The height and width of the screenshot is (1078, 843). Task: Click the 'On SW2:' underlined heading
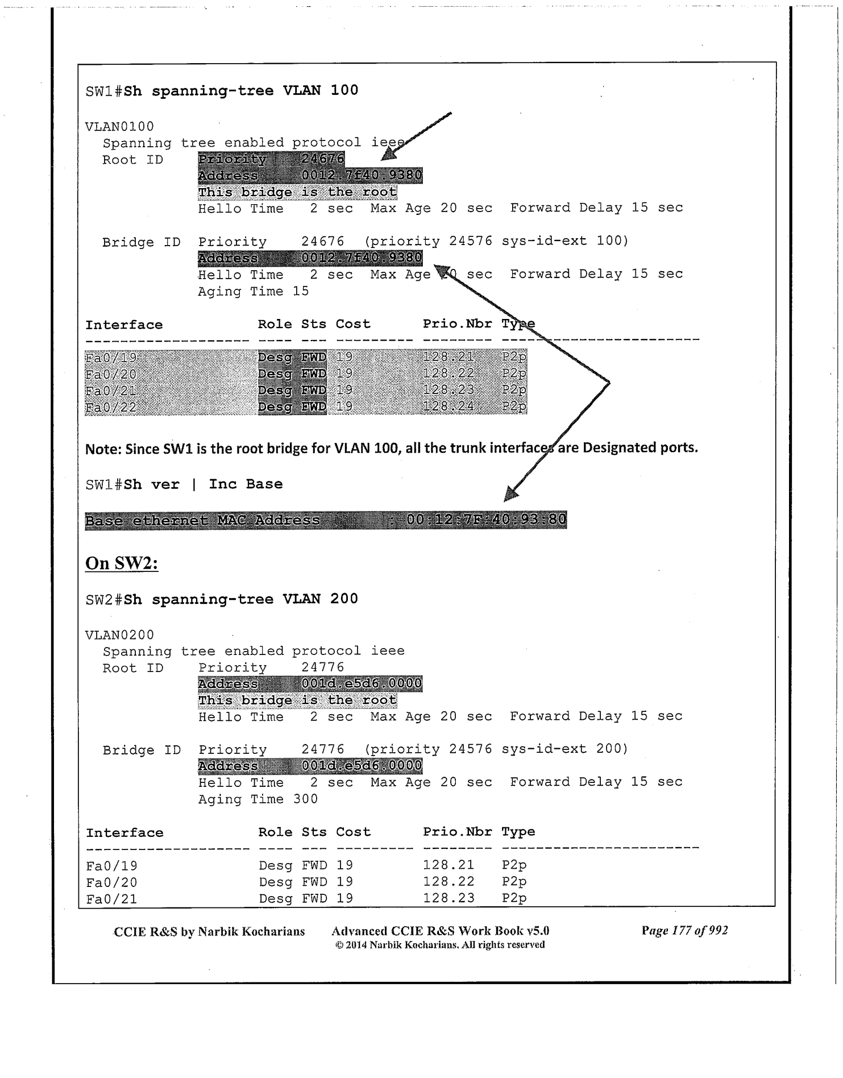(122, 563)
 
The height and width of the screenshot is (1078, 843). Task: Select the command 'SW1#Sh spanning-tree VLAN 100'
(222, 91)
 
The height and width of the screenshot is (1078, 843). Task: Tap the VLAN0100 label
(119, 126)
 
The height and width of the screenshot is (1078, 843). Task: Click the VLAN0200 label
(119, 635)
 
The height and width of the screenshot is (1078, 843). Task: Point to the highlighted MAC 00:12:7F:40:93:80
(486, 520)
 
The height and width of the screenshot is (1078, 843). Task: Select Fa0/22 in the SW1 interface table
(111, 407)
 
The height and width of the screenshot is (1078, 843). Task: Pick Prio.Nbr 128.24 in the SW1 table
(449, 407)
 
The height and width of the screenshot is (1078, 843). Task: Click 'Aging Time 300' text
(258, 799)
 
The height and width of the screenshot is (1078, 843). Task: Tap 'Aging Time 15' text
(253, 291)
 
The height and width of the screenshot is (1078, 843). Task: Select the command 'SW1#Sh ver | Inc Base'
(184, 484)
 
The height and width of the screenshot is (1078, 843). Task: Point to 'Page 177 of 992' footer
(684, 931)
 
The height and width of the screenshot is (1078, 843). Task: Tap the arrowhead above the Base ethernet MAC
(511, 494)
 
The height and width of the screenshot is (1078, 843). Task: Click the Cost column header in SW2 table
(353, 832)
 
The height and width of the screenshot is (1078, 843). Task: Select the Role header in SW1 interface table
(275, 324)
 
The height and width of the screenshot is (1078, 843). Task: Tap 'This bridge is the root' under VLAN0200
(297, 700)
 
